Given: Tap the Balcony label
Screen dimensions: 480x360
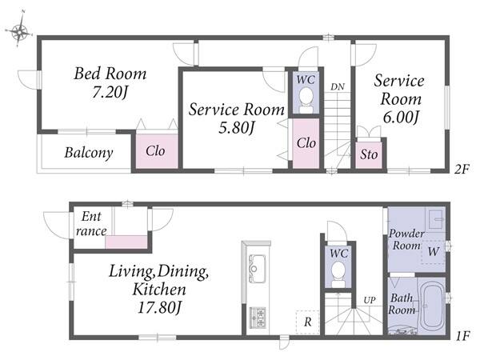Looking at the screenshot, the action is click(89, 153).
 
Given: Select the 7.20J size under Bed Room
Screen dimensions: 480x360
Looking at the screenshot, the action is click(110, 92).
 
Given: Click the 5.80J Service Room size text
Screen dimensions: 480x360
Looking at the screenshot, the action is click(236, 127).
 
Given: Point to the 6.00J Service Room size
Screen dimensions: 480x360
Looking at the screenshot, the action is click(401, 117).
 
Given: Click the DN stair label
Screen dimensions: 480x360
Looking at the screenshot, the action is click(338, 87).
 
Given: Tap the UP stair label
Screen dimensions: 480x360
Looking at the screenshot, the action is click(370, 300).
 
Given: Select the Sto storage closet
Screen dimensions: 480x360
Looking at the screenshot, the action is click(369, 155).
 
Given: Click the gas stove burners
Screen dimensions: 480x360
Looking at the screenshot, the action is click(257, 318).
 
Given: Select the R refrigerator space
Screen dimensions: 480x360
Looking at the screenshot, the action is click(308, 322).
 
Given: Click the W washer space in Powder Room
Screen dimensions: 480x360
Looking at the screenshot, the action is click(433, 252).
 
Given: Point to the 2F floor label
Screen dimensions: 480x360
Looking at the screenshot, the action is click(462, 169).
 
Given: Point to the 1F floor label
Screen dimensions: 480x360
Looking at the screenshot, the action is click(462, 337).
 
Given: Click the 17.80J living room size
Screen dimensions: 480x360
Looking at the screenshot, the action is click(158, 308).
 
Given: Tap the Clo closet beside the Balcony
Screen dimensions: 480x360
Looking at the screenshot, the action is click(157, 150).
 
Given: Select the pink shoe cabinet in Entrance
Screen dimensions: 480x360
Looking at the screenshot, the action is click(126, 242).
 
